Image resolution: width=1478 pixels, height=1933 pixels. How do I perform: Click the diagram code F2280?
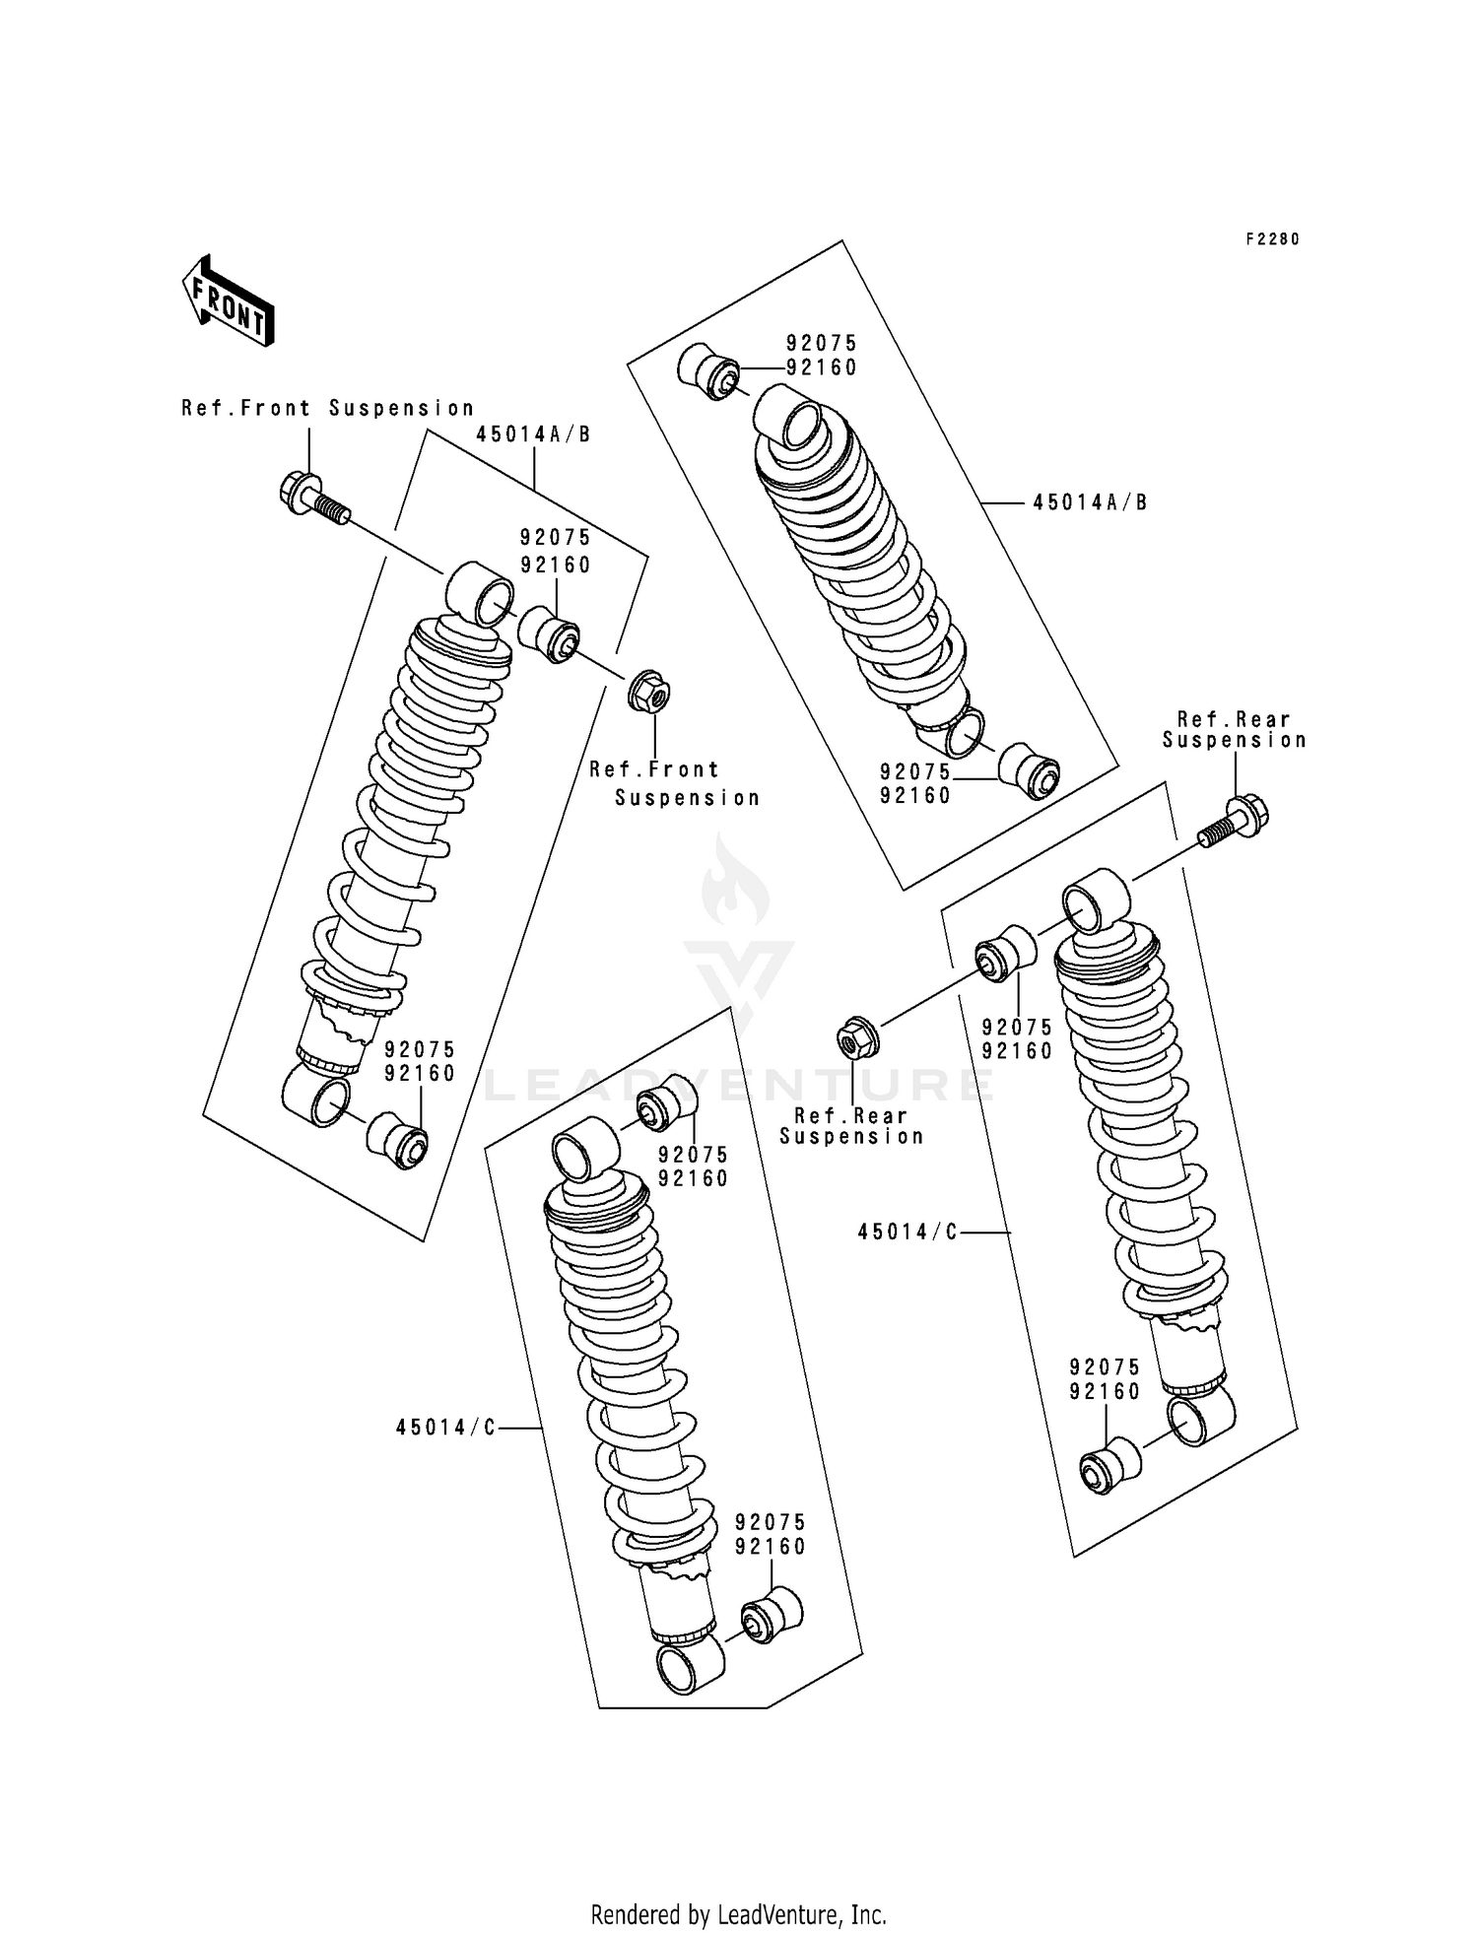tap(1272, 239)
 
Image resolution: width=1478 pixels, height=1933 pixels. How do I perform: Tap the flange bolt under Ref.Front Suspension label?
tap(313, 498)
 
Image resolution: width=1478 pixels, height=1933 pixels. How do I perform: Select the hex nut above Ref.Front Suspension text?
tap(648, 693)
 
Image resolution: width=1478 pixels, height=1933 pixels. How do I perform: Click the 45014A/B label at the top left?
tap(533, 434)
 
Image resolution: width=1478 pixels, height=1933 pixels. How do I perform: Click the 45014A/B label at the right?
tap(1090, 502)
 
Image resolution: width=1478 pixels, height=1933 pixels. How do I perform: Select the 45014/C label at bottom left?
tap(446, 1428)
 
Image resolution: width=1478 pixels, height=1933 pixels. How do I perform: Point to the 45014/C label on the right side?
tap(907, 1232)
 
